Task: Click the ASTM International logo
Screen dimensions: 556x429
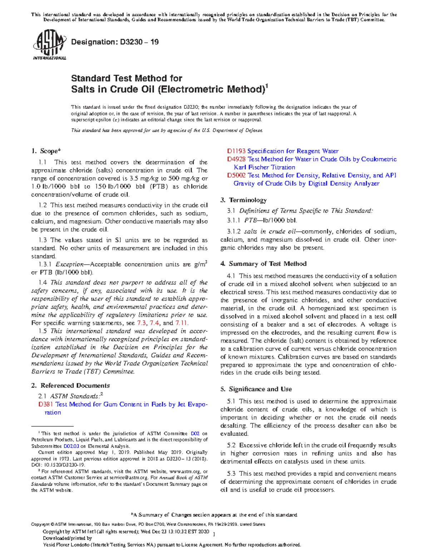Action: (x=49, y=45)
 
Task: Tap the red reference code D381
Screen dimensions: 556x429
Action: (x=46, y=404)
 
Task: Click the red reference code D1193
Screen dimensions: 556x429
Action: (x=236, y=151)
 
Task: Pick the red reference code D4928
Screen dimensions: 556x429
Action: (x=236, y=159)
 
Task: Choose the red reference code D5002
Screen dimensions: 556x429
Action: (x=236, y=175)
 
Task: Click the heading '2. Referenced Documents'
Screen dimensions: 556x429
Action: (x=70, y=386)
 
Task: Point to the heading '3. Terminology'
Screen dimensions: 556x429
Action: (x=243, y=200)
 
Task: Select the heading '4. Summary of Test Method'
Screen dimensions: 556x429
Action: (x=263, y=264)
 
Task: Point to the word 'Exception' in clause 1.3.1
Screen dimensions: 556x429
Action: (x=69, y=265)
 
